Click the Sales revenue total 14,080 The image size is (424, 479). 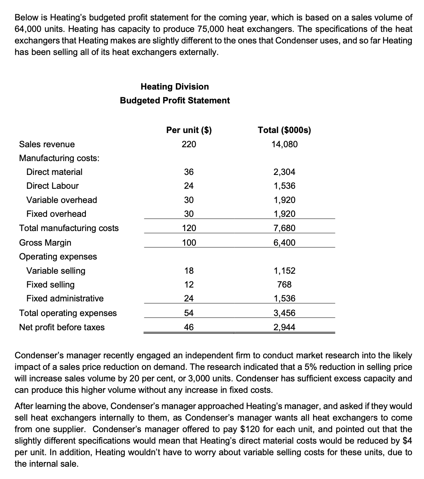[284, 144]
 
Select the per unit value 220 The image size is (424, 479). [189, 144]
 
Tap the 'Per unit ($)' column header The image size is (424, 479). [189, 130]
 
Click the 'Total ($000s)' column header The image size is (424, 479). [284, 130]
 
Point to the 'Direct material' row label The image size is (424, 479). [54, 172]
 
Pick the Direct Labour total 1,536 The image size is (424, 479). [284, 186]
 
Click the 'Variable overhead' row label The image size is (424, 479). [62, 200]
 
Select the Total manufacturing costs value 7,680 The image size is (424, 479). [284, 228]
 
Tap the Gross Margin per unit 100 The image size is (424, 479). [189, 243]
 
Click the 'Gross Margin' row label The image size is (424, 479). [45, 243]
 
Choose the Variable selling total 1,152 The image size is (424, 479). [284, 271]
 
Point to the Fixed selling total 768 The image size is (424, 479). [284, 284]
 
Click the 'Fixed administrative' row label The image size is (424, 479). [65, 298]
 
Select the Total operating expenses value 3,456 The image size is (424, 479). [284, 313]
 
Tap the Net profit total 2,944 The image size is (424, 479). [284, 327]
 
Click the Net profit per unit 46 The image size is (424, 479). [189, 327]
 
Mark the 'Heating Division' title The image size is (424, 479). [175, 86]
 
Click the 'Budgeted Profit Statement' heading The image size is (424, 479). [175, 100]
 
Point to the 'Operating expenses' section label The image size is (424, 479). [58, 256]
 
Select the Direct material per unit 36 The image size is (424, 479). [189, 172]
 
